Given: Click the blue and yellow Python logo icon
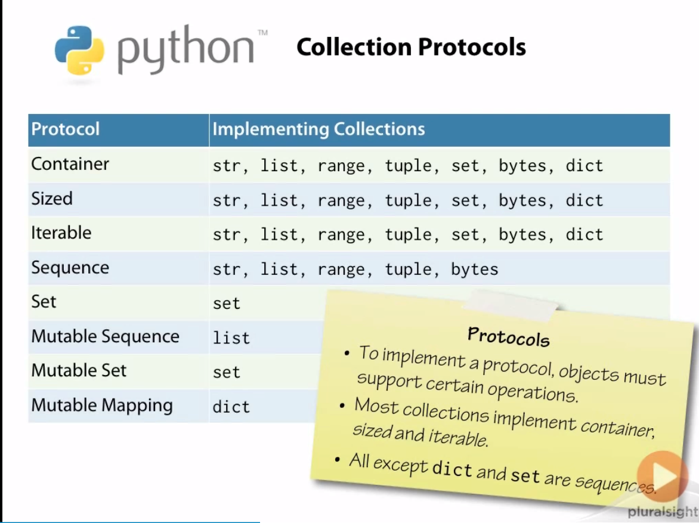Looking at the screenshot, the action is (x=79, y=50).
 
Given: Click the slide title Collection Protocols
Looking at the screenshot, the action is (x=411, y=47).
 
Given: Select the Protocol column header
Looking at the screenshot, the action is (x=66, y=129).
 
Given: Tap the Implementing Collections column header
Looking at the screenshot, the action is (x=318, y=129).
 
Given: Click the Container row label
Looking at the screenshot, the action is (x=70, y=164).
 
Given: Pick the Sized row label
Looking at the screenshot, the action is (x=52, y=199).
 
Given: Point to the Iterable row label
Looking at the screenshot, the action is (x=61, y=233).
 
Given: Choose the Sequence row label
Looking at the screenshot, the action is (x=70, y=268).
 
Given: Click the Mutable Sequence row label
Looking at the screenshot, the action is (x=105, y=336).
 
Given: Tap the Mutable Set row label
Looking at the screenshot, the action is (x=79, y=370).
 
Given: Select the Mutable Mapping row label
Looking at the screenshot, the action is (x=102, y=406).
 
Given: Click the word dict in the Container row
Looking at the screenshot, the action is (x=584, y=165).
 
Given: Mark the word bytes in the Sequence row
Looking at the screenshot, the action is (x=474, y=269).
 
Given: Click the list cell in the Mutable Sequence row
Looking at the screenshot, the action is (x=231, y=338).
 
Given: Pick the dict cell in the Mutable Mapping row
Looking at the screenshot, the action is (x=231, y=407).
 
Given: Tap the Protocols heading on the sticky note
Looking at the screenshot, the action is (x=508, y=336).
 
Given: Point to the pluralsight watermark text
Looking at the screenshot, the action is (x=663, y=512).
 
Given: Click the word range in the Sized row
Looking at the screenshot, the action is (x=341, y=200).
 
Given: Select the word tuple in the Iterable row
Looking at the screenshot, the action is (x=408, y=234).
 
